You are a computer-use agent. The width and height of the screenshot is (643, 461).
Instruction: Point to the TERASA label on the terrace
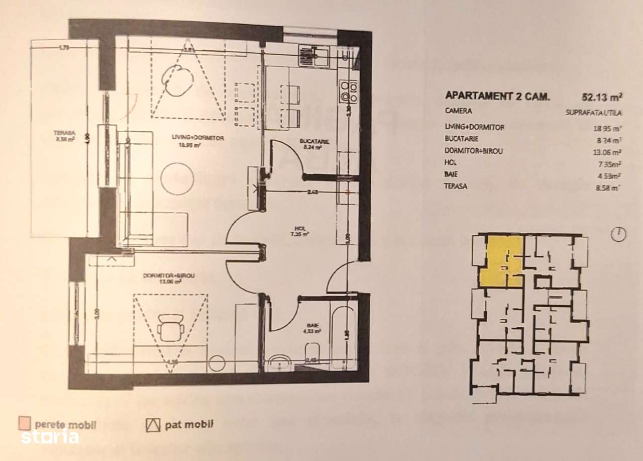64,134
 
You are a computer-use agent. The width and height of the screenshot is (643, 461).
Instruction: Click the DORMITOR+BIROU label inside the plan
162,276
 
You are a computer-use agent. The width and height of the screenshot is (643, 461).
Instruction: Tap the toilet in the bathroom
311,351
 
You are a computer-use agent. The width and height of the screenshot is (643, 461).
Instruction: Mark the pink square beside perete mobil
24,424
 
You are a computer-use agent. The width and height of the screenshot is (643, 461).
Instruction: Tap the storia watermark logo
50,437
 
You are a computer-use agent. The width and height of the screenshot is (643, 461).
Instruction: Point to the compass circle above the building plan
619,234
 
